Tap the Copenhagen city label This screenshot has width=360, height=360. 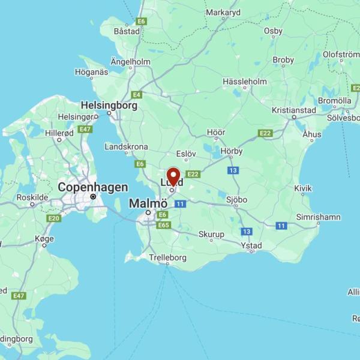pos(92,187)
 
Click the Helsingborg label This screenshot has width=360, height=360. pos(109,105)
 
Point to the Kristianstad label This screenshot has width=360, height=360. pos(293,110)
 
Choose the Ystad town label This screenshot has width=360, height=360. pos(251,245)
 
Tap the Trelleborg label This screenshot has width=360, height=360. pos(167,257)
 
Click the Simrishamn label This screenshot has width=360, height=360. pos(318,217)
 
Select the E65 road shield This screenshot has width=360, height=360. pos(163,225)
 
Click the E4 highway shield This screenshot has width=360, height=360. pos(137,95)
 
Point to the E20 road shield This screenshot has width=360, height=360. pos(54,218)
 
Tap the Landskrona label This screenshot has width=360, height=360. pos(126,146)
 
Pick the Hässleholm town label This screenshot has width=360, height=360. pos(244,82)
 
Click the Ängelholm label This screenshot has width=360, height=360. pos(130,61)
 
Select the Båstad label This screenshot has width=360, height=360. pos(127,31)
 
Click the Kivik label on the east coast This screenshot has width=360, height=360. pos(303,188)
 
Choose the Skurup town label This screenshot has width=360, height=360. pos(211,234)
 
